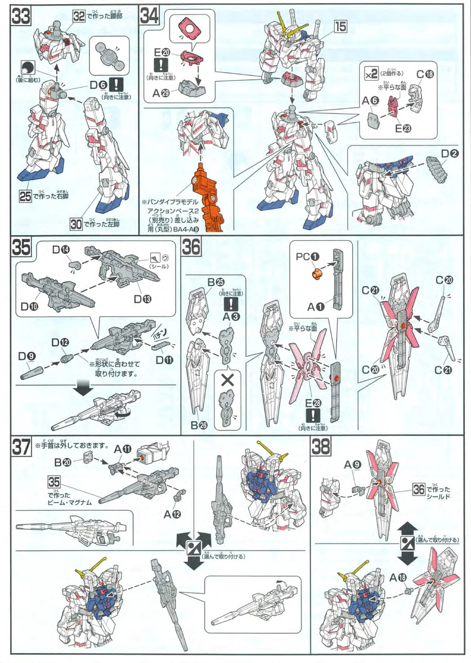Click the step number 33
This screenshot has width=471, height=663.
21,17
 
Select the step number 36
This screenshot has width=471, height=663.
191,247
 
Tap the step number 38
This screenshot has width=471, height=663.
321,446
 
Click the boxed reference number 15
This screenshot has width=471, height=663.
341,27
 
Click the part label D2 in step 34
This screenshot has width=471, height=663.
450,154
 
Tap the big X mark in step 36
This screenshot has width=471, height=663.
228,380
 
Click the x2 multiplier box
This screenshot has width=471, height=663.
371,74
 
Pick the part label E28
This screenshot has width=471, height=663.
313,403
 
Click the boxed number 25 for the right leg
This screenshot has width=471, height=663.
25,196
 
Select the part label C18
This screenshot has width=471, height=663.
425,74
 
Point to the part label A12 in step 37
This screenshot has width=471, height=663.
172,514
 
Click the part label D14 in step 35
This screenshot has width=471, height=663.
61,250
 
